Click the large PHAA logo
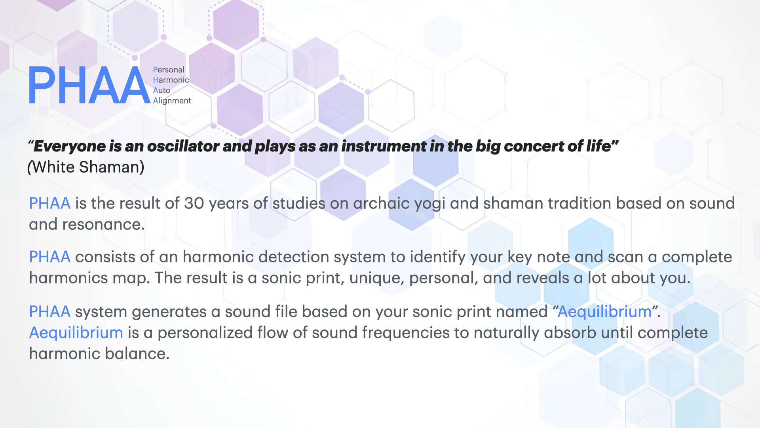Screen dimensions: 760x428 89,85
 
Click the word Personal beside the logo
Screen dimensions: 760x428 169,70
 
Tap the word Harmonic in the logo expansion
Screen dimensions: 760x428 171,80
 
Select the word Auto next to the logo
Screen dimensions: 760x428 161,90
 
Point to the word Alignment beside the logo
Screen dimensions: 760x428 172,101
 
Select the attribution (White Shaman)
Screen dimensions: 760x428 85,167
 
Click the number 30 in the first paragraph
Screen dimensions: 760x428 194,203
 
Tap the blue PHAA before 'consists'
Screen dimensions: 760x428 49,257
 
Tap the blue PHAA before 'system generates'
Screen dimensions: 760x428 49,311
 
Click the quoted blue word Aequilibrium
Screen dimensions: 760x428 604,311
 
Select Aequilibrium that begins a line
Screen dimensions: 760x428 76,332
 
